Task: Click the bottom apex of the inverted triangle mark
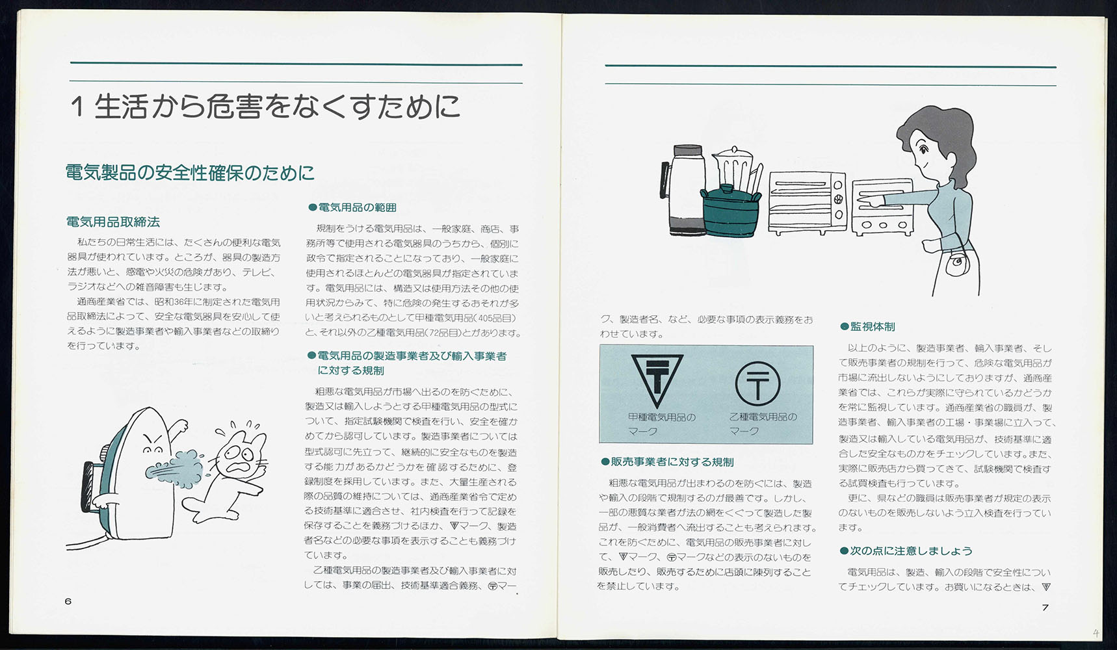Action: click(657, 409)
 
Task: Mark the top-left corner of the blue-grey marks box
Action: click(599, 346)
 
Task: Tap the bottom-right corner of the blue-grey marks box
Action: click(813, 444)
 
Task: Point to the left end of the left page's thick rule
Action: click(70, 64)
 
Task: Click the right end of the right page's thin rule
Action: click(1057, 84)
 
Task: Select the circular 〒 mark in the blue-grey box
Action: click(757, 383)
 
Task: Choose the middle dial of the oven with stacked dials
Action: click(838, 199)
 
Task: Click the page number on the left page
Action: click(68, 601)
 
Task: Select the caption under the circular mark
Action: click(762, 424)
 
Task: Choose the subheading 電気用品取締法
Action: click(113, 222)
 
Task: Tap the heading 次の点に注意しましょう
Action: click(906, 551)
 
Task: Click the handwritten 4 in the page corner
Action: click(1096, 633)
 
